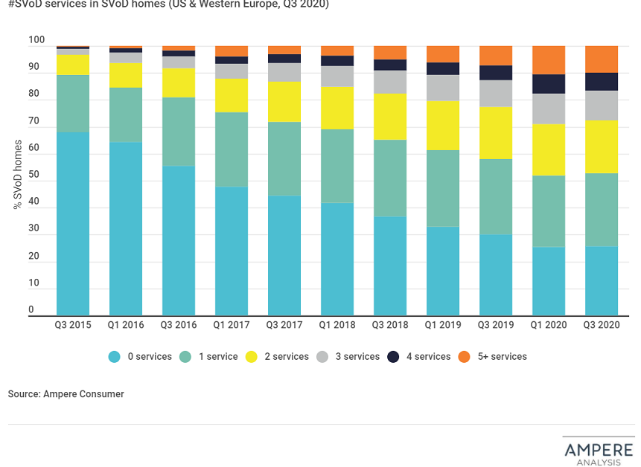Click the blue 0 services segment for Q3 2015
tap(73, 224)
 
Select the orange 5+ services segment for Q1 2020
tap(549, 59)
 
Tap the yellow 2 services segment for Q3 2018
tap(390, 116)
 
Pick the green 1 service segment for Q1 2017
tap(232, 149)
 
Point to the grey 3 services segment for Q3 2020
tap(602, 106)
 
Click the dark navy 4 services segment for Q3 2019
tap(496, 72)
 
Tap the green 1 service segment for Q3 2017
tap(284, 159)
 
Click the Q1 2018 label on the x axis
tap(337, 325)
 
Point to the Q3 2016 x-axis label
tap(179, 325)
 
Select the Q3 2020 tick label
tap(602, 325)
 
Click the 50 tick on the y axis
tap(34, 175)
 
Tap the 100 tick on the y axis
tap(36, 40)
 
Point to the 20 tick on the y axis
tap(34, 256)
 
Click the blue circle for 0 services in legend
tap(114, 357)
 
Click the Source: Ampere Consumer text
tap(66, 394)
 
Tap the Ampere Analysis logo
tap(598, 452)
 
